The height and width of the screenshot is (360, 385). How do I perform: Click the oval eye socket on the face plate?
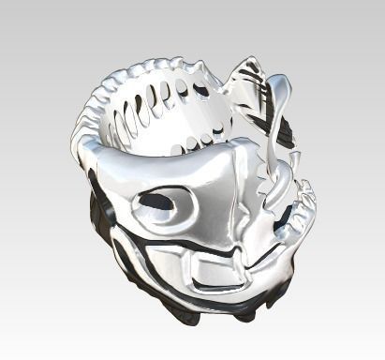[x=159, y=202]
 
